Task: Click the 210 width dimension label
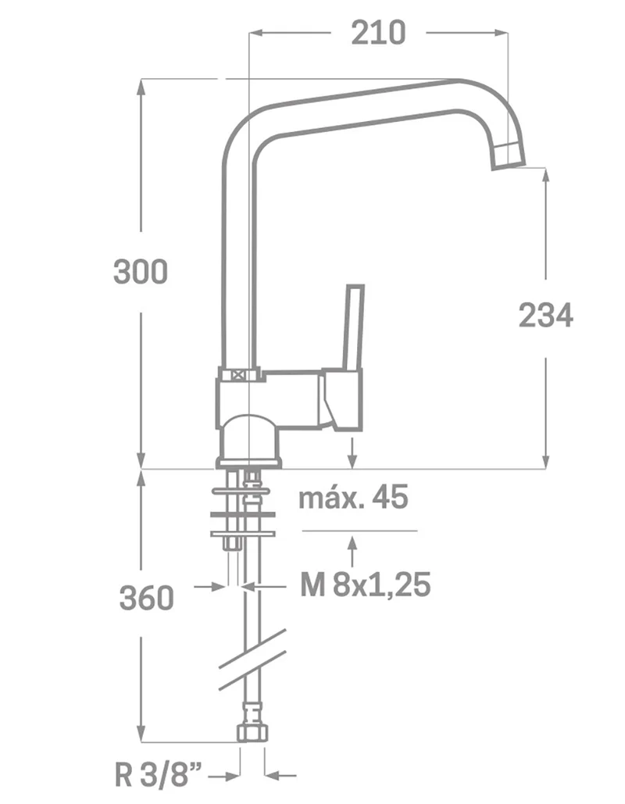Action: point(378,34)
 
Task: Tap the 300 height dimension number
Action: point(141,272)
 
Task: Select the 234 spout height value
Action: point(545,316)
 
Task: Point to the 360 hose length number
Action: point(147,598)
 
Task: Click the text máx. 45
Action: point(353,497)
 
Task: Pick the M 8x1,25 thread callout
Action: point(365,584)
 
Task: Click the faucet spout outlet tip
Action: point(509,156)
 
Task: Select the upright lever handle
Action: point(354,327)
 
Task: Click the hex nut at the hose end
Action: point(253,732)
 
